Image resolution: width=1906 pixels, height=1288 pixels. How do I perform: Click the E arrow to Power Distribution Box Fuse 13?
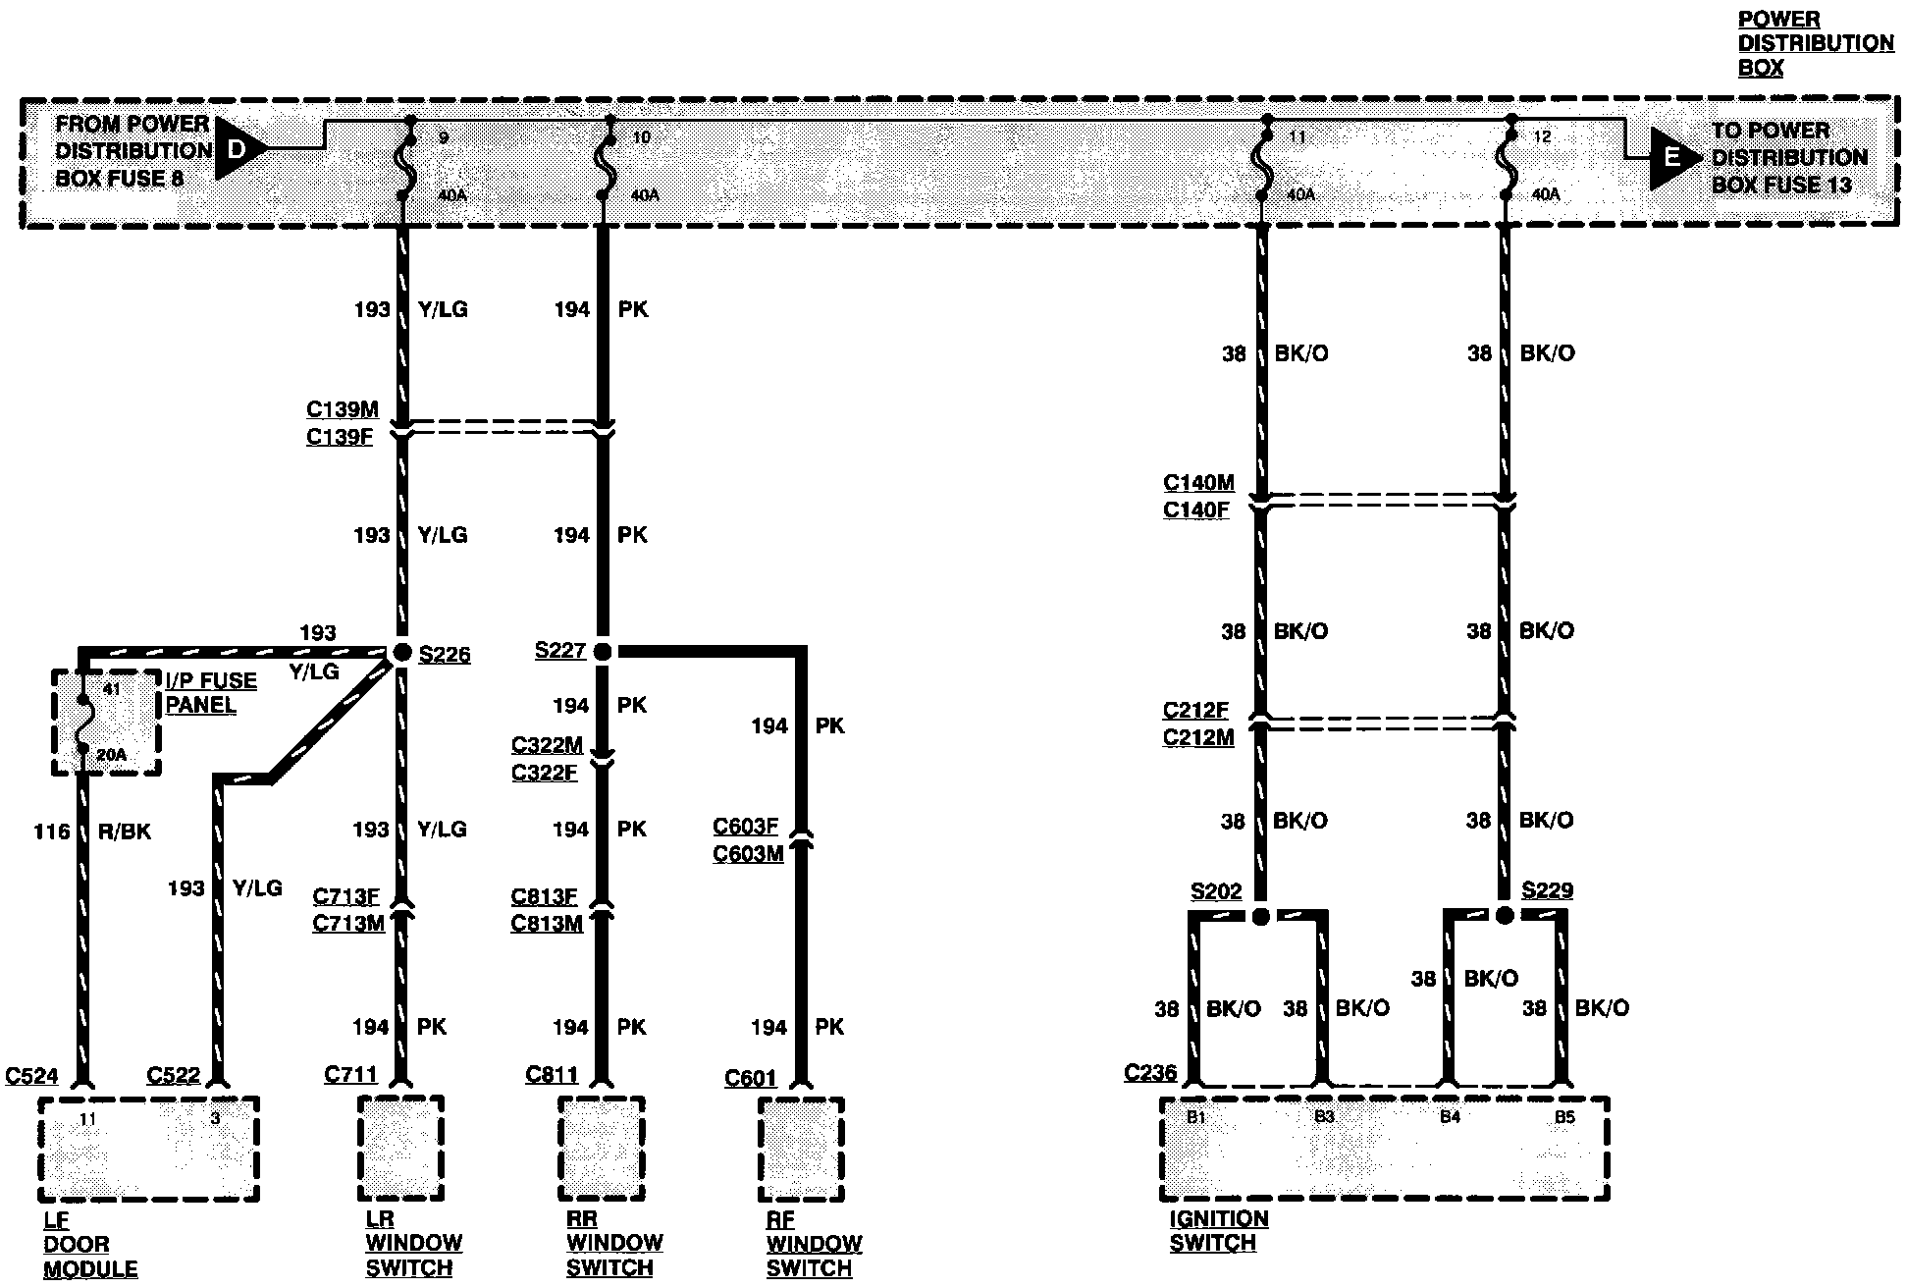[1672, 157]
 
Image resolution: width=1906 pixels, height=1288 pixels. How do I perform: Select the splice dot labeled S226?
[401, 652]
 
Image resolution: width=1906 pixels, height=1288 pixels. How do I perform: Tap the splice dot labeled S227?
[603, 651]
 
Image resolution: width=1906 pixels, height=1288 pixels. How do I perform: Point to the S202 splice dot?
[1261, 916]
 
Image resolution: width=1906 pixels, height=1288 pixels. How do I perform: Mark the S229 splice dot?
[1505, 915]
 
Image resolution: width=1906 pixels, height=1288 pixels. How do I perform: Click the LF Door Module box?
[148, 1149]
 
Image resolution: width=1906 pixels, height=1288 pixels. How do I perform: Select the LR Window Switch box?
[400, 1149]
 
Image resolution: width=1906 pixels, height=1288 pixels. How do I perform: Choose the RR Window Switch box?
[602, 1149]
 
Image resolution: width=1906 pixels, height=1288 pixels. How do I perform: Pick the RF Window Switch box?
[801, 1149]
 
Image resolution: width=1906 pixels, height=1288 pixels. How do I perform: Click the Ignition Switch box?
[1384, 1149]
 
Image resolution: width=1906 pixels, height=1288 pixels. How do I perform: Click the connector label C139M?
[342, 409]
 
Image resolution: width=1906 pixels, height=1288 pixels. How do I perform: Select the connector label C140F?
[1196, 510]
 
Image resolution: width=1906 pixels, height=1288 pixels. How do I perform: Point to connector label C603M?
[748, 854]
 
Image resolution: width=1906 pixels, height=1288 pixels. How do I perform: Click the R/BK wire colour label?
[125, 832]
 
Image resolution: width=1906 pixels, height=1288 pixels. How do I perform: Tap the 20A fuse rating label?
[112, 755]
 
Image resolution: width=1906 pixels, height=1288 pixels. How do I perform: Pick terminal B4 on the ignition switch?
[1450, 1117]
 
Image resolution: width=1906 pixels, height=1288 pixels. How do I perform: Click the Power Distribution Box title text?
[1815, 43]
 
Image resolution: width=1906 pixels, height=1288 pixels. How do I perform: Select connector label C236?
[1149, 1072]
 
